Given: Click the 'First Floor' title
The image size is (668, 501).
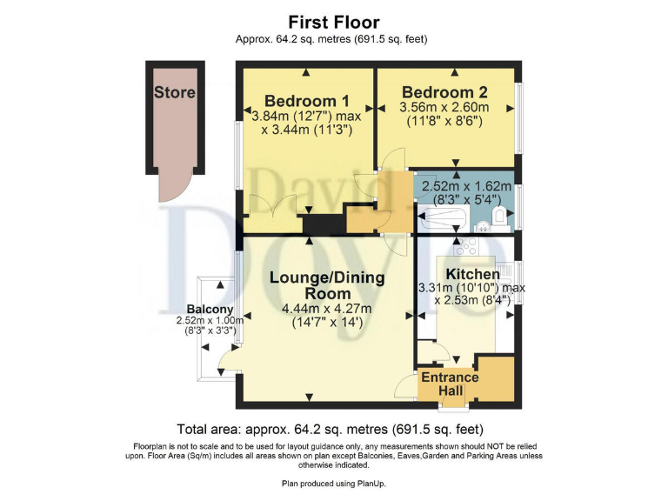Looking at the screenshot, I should tap(333, 22).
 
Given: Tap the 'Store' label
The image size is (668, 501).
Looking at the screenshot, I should tap(174, 92).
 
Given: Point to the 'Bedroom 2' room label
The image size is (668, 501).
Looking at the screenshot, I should tap(444, 92).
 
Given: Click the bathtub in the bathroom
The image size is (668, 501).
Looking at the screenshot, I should tap(444, 223).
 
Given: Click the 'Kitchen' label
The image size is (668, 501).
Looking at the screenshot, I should tap(472, 274).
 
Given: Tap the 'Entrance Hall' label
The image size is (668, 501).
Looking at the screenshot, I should tap(450, 384).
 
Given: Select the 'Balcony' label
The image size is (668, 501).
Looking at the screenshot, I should tap(210, 310).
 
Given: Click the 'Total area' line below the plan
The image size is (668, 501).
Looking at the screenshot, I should tap(330, 429).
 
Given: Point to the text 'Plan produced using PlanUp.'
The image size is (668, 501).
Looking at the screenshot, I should tap(333, 483).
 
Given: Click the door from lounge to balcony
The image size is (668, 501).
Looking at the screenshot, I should tap(228, 358).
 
